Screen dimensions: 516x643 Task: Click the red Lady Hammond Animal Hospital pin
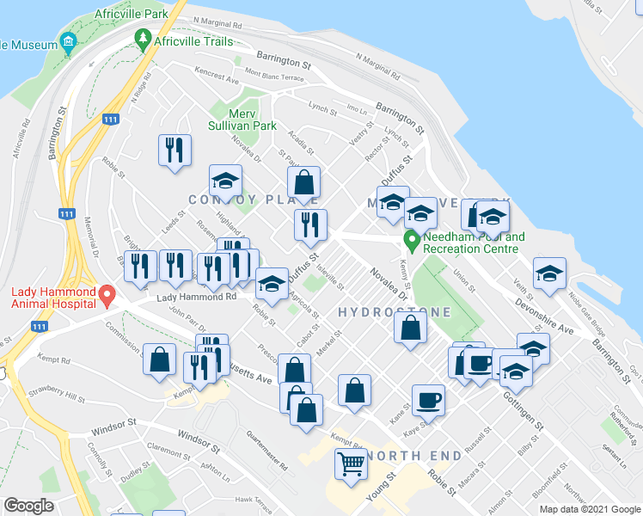107,295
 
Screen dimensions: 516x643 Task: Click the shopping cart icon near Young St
351,464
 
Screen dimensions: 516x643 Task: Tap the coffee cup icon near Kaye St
428,399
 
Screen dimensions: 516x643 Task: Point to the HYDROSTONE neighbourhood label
380,311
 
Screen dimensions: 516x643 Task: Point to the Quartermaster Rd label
266,447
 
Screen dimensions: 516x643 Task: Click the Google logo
28,506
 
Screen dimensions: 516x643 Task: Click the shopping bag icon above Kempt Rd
160,359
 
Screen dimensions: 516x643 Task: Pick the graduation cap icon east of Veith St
549,273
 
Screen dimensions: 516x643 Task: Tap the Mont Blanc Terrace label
274,76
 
